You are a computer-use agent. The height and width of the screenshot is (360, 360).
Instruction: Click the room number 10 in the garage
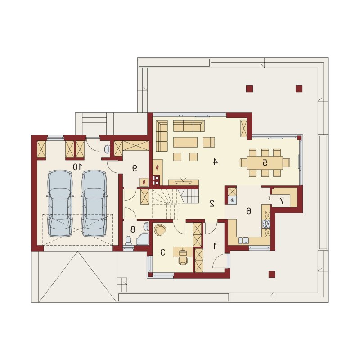tap(77, 167)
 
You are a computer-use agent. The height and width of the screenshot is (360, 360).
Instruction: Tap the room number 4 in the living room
tap(215, 162)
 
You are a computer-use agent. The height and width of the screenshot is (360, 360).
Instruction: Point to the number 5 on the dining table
tap(265, 163)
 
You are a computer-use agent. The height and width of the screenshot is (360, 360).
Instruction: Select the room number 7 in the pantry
tap(282, 201)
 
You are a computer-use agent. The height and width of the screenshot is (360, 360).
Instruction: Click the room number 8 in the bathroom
tap(133, 229)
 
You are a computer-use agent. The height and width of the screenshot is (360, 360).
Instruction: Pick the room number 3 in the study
tap(162, 252)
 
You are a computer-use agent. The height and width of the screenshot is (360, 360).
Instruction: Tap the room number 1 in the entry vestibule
tap(215, 246)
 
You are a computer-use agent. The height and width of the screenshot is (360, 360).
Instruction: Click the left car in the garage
tap(60, 203)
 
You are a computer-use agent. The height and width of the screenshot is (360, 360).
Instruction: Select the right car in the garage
tap(94, 203)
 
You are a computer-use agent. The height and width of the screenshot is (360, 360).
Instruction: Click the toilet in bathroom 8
tap(128, 241)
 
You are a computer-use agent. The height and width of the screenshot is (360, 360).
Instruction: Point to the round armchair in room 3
tap(160, 230)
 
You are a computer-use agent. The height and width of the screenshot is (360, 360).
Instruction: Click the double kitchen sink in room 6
tap(243, 240)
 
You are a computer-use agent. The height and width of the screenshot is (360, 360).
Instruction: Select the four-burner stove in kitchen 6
tap(266, 224)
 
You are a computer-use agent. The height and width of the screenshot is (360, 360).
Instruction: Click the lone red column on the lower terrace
tap(272, 274)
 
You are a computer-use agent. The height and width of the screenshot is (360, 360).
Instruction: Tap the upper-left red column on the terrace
tap(249, 89)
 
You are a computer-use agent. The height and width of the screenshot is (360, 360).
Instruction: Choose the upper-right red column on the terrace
tap(299, 89)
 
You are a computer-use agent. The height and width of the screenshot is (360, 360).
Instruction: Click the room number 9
tap(135, 168)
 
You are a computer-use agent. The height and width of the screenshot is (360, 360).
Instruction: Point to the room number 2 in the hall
tap(212, 203)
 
